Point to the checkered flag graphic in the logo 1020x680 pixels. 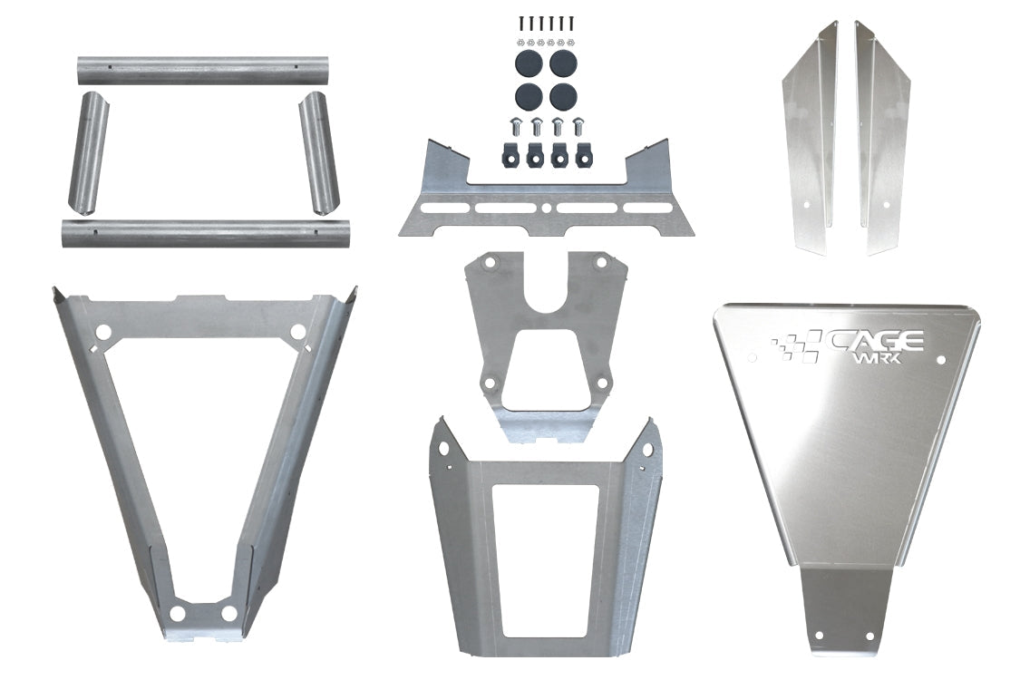[795, 347]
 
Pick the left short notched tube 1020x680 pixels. [88, 151]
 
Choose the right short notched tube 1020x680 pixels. [318, 151]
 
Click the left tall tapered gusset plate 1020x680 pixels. [809, 136]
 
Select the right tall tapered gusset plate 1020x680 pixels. [883, 136]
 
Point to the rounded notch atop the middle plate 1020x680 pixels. [545, 298]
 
